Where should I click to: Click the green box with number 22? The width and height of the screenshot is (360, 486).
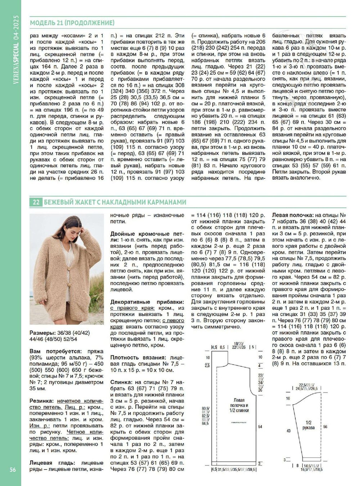(36, 203)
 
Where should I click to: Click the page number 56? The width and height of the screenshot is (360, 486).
(13, 470)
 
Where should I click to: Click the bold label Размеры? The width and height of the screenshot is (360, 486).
(42, 333)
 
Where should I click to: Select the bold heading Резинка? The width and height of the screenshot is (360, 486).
(42, 401)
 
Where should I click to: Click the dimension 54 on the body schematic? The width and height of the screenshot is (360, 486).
(260, 427)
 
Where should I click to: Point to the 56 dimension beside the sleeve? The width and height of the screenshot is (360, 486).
(325, 427)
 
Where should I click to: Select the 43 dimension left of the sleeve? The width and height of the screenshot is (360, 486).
(288, 431)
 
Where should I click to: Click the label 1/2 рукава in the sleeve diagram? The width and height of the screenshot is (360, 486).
(309, 425)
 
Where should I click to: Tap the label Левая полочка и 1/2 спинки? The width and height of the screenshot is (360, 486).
(239, 405)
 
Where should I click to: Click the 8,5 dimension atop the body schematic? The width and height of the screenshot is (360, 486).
(222, 348)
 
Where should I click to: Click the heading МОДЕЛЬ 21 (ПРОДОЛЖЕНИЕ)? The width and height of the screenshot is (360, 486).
(72, 23)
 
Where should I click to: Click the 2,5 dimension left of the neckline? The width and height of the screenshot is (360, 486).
(207, 365)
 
